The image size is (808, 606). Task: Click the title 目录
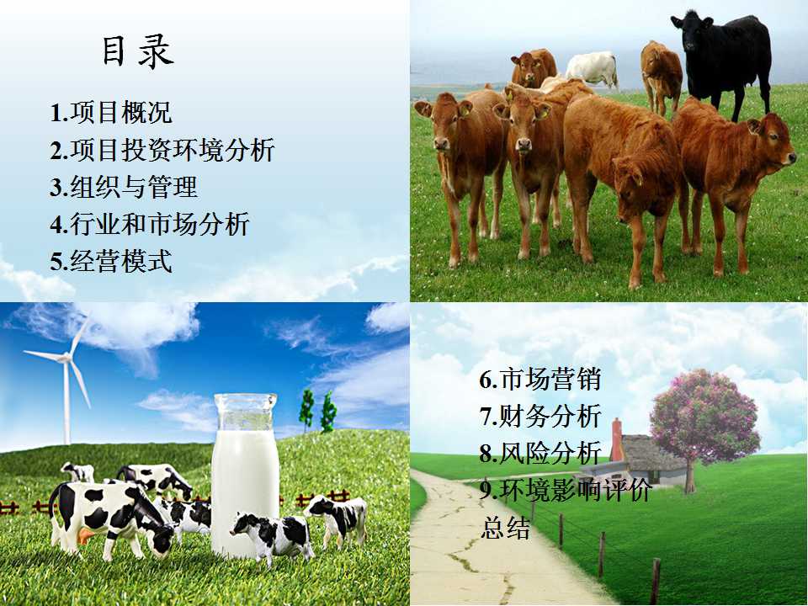(x=137, y=51)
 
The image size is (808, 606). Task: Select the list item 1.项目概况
(x=111, y=112)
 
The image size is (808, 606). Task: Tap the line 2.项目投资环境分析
(x=162, y=150)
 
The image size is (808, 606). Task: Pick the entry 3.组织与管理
(x=124, y=187)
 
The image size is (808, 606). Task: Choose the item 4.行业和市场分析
(x=150, y=224)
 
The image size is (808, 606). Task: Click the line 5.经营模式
(x=111, y=261)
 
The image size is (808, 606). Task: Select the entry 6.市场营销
(x=540, y=380)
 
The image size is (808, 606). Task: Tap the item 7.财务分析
(x=540, y=417)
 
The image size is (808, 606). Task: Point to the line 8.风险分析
(x=540, y=454)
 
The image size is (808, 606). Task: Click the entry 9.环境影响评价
(x=566, y=491)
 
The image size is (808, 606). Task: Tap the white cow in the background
(x=593, y=68)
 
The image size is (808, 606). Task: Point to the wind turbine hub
(x=65, y=357)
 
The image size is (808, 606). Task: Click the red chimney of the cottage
(x=616, y=439)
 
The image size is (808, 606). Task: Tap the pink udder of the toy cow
(x=84, y=536)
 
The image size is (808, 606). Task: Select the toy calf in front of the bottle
(x=273, y=537)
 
